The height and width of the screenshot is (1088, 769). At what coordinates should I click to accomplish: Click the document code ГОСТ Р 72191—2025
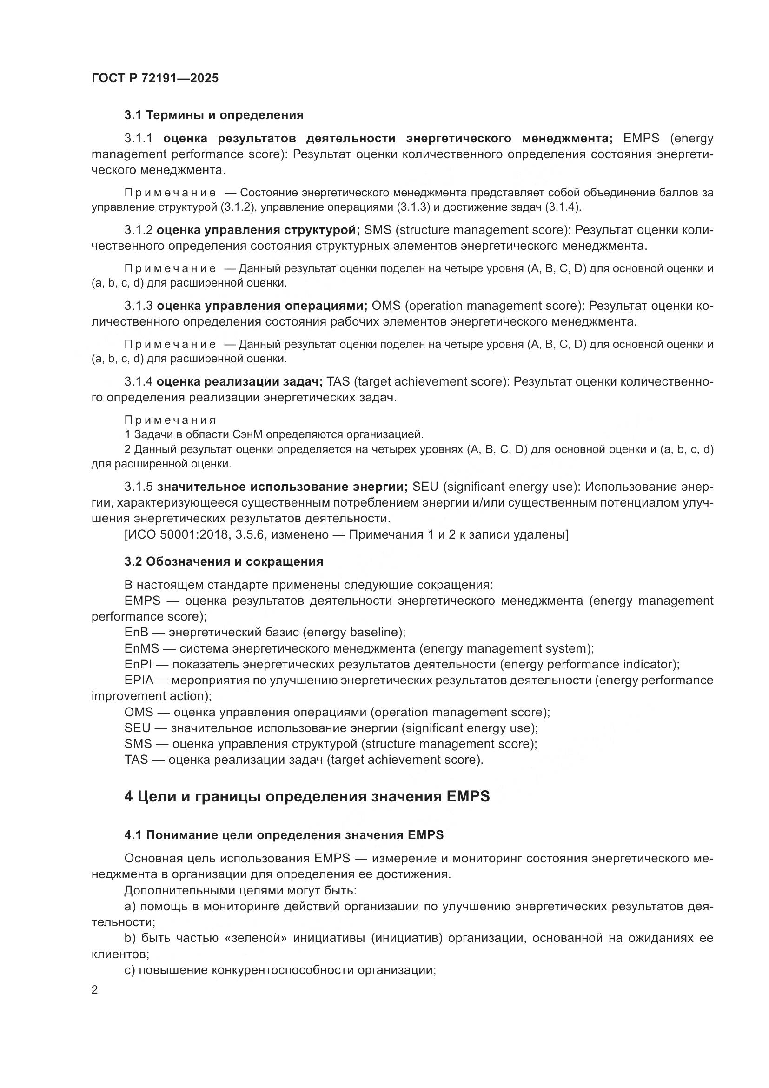(155, 78)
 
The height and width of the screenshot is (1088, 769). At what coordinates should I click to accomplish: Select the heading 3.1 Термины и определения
(213, 115)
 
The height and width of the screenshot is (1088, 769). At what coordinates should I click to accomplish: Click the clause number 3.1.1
(138, 138)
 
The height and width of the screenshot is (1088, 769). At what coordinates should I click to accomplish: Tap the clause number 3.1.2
(138, 230)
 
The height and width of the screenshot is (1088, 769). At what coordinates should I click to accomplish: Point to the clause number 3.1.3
(138, 306)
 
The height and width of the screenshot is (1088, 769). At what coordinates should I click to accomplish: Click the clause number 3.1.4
(138, 381)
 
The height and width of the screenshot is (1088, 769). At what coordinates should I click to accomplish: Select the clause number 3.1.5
(138, 487)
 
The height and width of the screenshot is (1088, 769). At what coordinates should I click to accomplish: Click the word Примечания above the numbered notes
(170, 420)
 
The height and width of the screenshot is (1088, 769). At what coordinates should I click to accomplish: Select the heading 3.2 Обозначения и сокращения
(224, 561)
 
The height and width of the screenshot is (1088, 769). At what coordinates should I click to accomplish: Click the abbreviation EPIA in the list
(138, 680)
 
